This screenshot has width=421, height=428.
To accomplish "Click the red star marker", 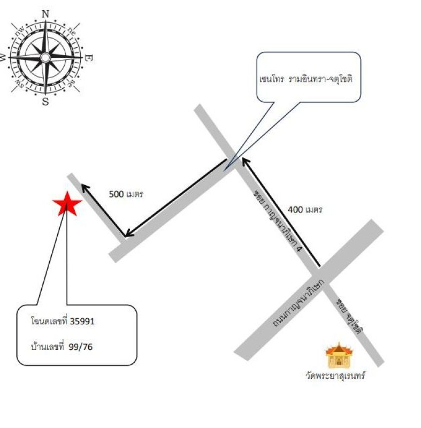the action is pos(67,204).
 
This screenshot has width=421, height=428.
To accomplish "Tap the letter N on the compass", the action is pos(45,14).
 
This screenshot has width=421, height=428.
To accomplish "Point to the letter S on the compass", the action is pos(45,102).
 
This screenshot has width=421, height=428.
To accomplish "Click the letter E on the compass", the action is pos(89,58).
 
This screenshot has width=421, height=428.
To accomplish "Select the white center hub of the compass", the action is pos(45,58).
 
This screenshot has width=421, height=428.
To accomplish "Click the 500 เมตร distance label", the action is pos(126,194).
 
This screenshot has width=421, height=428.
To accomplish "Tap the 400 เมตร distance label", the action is pos(305,210).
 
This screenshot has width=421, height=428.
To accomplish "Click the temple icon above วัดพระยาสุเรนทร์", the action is pos(339,355).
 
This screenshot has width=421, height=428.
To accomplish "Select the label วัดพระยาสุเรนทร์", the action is pos(335,376).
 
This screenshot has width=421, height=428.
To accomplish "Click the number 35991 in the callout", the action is pos(82,322).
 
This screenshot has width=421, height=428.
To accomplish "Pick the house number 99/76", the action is pos(80,347).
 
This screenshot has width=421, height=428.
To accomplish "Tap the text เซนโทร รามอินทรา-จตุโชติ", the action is pos(306,79).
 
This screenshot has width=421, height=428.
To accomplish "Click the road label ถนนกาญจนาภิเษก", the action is pos(298,303).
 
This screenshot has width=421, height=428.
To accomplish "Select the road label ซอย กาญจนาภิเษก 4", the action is pos(278,220).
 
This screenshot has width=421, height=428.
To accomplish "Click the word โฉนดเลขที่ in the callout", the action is pos(49,320).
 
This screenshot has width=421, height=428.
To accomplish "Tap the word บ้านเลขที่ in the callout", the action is pos(48,346).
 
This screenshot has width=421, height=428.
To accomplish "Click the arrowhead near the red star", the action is pos(85,188).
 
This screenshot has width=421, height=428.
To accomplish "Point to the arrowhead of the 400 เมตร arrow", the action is pos(246,162).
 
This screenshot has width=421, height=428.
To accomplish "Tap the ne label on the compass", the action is pos(72,32).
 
